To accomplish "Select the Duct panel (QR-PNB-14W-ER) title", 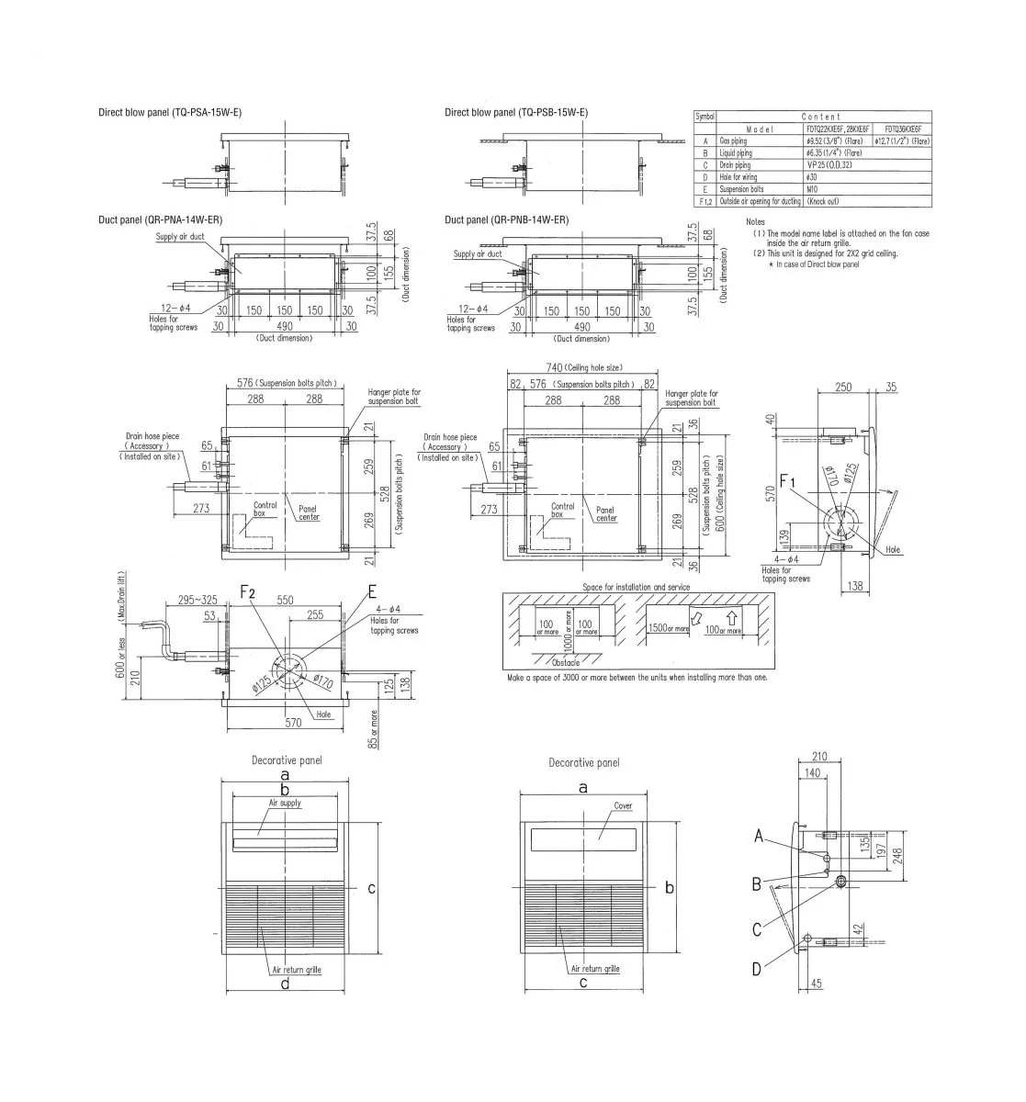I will [506, 220].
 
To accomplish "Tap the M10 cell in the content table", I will [811, 188].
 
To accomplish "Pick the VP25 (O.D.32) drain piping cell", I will [828, 165].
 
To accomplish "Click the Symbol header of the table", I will [705, 117].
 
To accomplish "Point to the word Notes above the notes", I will [755, 222].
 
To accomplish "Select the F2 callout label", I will [248, 593].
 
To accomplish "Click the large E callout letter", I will [372, 593].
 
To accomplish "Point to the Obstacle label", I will [567, 662].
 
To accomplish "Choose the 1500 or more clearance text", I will [668, 629].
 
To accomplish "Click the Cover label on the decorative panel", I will [623, 806].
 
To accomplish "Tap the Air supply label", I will [285, 803].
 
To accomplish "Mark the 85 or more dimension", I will [373, 728].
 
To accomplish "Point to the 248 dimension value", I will [896, 855].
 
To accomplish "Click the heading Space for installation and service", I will [636, 587].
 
